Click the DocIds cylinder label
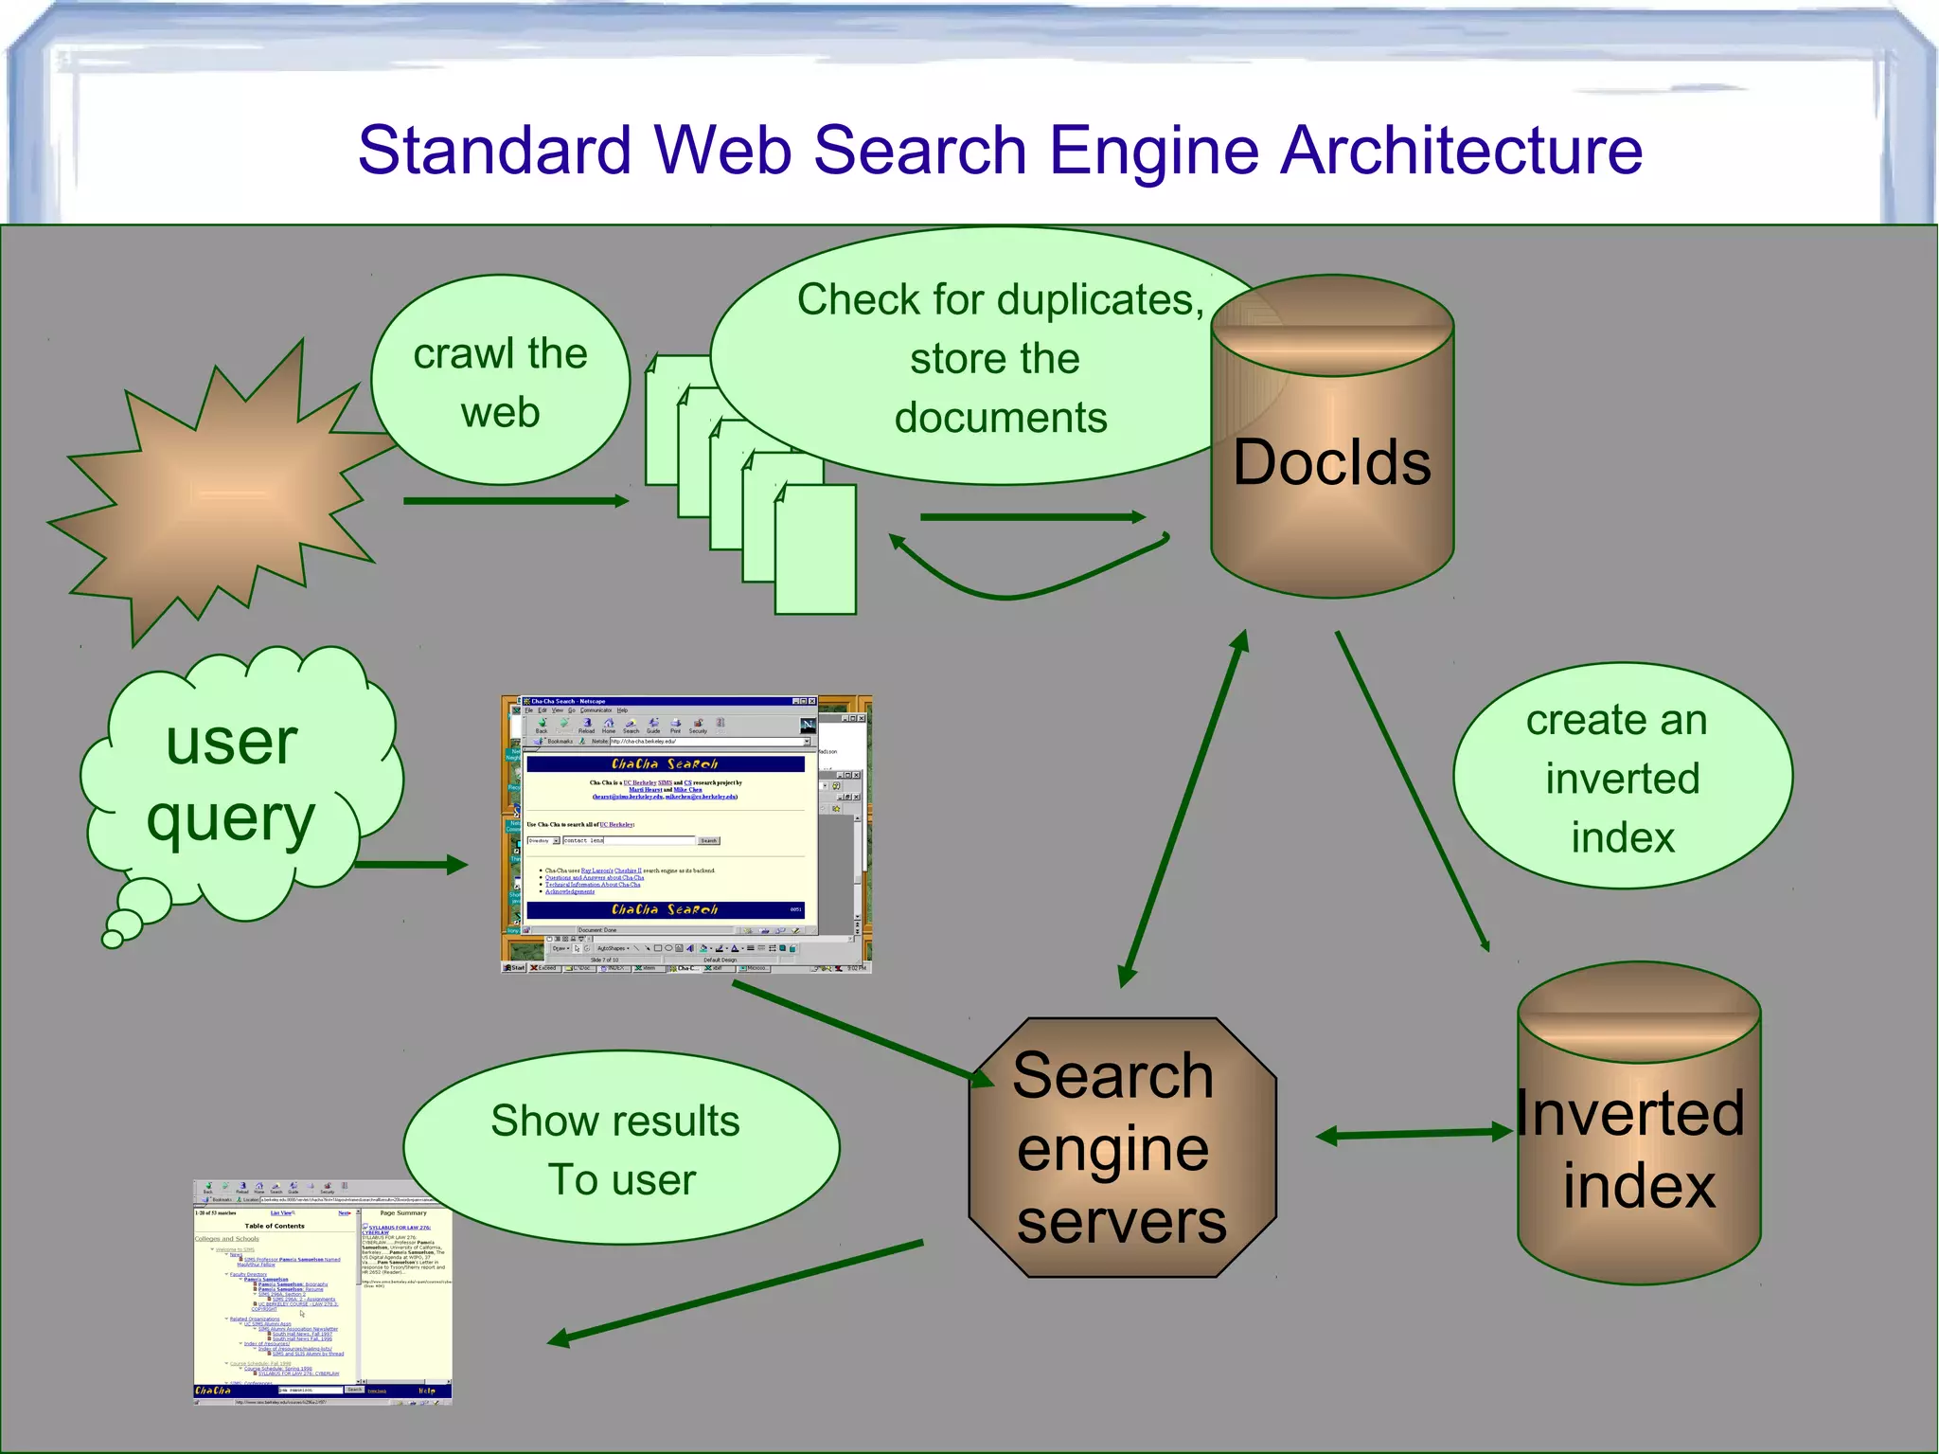click(1331, 462)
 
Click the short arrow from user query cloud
click(412, 864)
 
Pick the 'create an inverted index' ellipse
click(1622, 777)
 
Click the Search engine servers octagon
click(1121, 1148)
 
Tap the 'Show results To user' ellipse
click(620, 1149)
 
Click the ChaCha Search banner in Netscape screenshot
click(665, 763)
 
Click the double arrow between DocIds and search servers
click(1183, 810)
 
